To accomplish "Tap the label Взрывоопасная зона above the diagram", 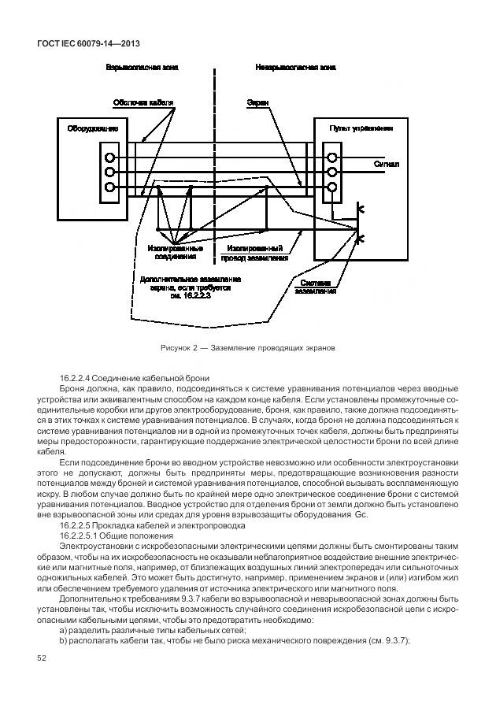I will tap(142, 69).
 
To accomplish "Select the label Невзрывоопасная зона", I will tap(294, 69).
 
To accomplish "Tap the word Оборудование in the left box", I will tap(92, 128).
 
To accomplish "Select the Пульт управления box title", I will tap(361, 127).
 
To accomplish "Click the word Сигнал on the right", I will tap(386, 165).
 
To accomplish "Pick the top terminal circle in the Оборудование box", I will tap(110, 156).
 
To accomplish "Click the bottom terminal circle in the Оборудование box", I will tap(110, 187).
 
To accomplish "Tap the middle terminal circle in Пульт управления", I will tap(332, 172).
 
